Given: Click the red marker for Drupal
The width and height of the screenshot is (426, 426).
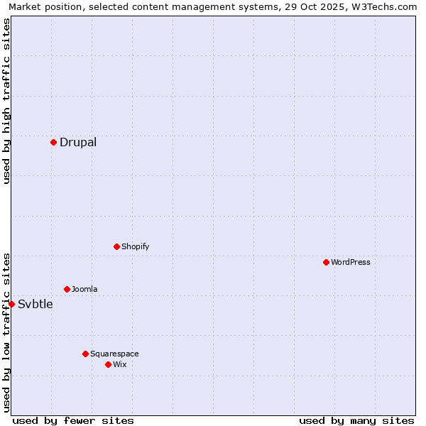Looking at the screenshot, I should (53, 142).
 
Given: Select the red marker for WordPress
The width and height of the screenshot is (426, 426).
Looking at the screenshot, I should (326, 262).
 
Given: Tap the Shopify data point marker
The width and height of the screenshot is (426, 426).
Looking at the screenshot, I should (116, 246).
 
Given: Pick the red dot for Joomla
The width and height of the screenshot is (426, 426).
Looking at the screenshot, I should (67, 289).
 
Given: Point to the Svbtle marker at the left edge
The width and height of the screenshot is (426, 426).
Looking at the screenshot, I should (11, 304).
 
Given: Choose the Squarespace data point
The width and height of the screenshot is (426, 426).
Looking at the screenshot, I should (85, 354).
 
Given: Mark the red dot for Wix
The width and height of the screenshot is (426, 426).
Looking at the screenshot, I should (108, 364).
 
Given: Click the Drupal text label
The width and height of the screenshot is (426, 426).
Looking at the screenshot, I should (78, 142).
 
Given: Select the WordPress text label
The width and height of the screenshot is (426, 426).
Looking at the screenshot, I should (351, 262).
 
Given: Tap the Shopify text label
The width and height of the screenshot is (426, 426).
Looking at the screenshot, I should (135, 246).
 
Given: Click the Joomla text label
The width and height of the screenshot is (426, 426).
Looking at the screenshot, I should (84, 289).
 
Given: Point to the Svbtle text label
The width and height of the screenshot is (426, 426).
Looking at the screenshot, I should (35, 304).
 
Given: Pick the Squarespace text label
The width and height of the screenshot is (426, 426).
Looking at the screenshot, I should (114, 354).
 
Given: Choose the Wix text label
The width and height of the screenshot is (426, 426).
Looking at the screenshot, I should (119, 364).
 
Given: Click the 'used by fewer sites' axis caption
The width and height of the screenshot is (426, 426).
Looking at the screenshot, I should (73, 420).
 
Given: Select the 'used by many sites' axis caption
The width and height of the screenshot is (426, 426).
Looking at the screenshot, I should (356, 420).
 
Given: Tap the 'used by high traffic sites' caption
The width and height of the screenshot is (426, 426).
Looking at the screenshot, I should (7, 101).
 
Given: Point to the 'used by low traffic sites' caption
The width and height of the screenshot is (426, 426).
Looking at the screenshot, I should (7, 332).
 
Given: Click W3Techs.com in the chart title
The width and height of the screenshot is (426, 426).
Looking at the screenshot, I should (383, 7).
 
